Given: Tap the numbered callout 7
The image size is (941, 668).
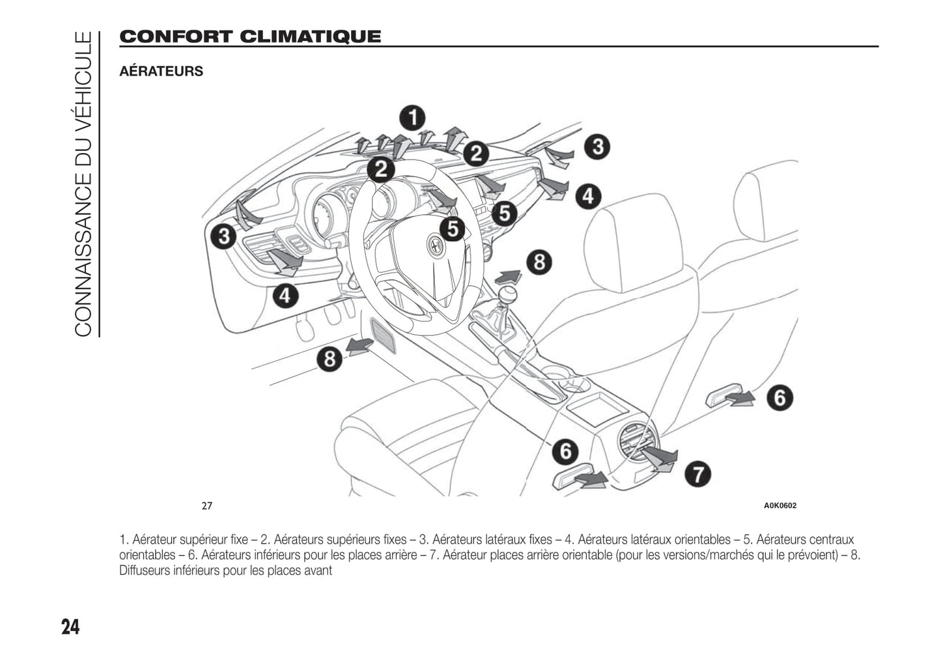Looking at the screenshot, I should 697,473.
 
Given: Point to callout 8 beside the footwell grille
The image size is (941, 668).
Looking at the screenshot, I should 330,359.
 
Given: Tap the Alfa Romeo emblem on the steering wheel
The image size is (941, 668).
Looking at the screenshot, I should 434,245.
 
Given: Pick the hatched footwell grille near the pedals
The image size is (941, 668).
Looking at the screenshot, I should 383,335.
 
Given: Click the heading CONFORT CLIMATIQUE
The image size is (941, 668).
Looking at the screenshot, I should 250,36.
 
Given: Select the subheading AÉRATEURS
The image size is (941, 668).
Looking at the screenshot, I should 161,72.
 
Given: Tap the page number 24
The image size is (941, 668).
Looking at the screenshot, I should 70,628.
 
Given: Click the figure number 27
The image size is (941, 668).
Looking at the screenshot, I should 206,506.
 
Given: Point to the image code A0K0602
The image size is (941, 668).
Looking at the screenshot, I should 779,506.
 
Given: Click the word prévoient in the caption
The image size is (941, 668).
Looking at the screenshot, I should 815,555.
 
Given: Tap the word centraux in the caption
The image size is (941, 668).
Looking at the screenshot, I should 832,540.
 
